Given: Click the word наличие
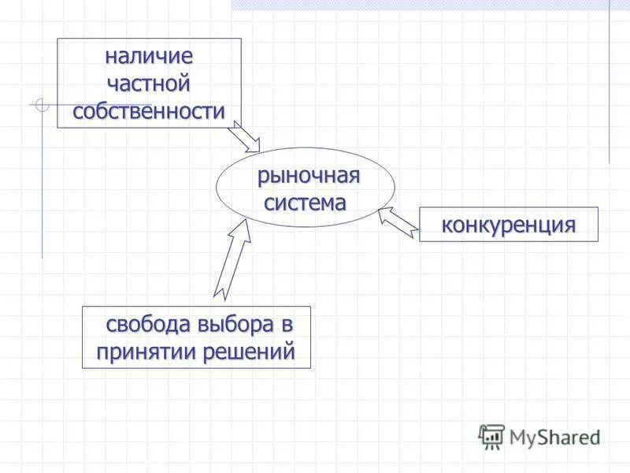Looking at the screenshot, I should tap(149, 58).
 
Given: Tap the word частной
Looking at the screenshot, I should tap(149, 84).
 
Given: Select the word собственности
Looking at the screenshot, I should tap(149, 111).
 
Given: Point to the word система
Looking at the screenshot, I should tap(305, 203).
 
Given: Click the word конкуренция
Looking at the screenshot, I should tap(508, 225).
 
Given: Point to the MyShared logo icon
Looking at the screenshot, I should tap(491, 436).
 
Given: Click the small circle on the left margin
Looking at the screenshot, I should tap(43, 104).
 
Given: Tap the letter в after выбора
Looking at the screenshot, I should tap(287, 325).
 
